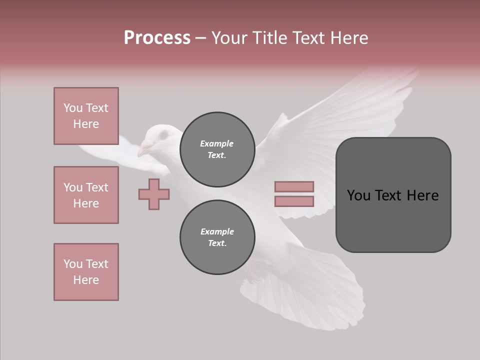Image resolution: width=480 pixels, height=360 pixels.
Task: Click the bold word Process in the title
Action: click(157, 38)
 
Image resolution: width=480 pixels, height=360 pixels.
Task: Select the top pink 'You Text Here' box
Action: click(86, 116)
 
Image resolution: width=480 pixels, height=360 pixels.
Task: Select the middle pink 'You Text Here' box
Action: click(86, 195)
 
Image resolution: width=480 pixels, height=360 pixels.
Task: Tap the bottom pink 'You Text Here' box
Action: click(86, 272)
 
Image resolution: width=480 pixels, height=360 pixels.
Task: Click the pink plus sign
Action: click(154, 194)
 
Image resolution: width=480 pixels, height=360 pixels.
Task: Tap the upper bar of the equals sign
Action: click(294, 186)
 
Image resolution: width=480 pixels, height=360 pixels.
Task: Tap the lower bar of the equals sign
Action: click(294, 201)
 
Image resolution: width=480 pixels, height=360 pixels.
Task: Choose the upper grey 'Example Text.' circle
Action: click(217, 149)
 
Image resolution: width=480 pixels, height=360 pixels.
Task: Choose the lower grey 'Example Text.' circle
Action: click(217, 237)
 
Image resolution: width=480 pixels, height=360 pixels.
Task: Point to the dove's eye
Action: click(163, 135)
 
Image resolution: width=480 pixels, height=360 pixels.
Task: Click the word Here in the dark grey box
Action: click(422, 195)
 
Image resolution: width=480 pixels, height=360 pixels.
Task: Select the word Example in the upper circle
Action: click(217, 143)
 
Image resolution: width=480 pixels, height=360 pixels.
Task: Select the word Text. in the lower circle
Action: click(217, 243)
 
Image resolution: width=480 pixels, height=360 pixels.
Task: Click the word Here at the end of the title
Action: click(348, 38)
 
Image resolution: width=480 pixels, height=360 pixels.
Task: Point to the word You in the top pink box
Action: click(72, 108)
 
